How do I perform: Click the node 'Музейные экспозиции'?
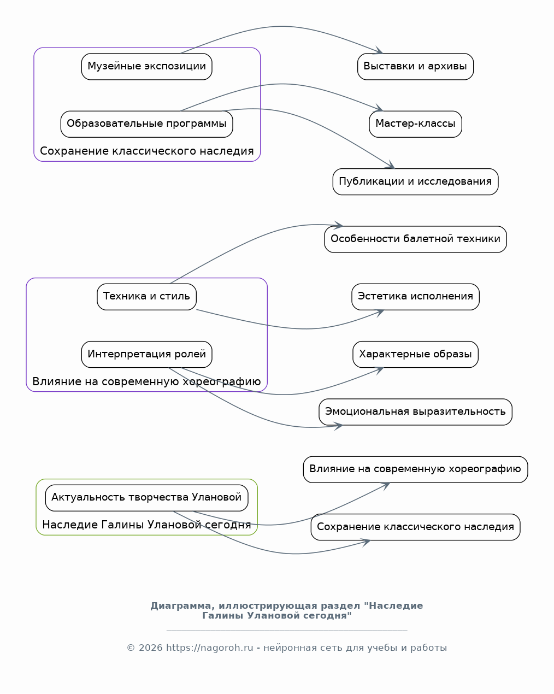coord(147,67)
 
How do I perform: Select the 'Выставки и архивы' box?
coord(415,67)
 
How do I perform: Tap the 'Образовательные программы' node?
coord(147,124)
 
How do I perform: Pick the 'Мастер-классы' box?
coord(415,124)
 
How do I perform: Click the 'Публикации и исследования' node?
coord(415,181)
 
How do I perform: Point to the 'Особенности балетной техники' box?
coord(415,239)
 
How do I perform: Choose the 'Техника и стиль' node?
coord(147,297)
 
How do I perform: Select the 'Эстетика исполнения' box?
coord(415,297)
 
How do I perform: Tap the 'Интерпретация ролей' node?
coord(147,355)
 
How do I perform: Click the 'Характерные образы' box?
coord(415,355)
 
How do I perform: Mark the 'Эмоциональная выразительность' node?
coord(415,412)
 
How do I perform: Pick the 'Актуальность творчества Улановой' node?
coord(147,498)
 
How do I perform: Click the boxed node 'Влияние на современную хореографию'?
coord(415,469)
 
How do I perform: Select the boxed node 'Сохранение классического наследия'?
coord(415,527)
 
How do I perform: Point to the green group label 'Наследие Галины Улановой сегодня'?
coord(147,525)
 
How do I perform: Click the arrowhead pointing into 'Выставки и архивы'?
coord(379,51)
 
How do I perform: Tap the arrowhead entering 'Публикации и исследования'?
coord(391,165)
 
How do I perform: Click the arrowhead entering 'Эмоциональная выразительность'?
coord(339,426)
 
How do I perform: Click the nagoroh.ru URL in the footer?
coord(210,648)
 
